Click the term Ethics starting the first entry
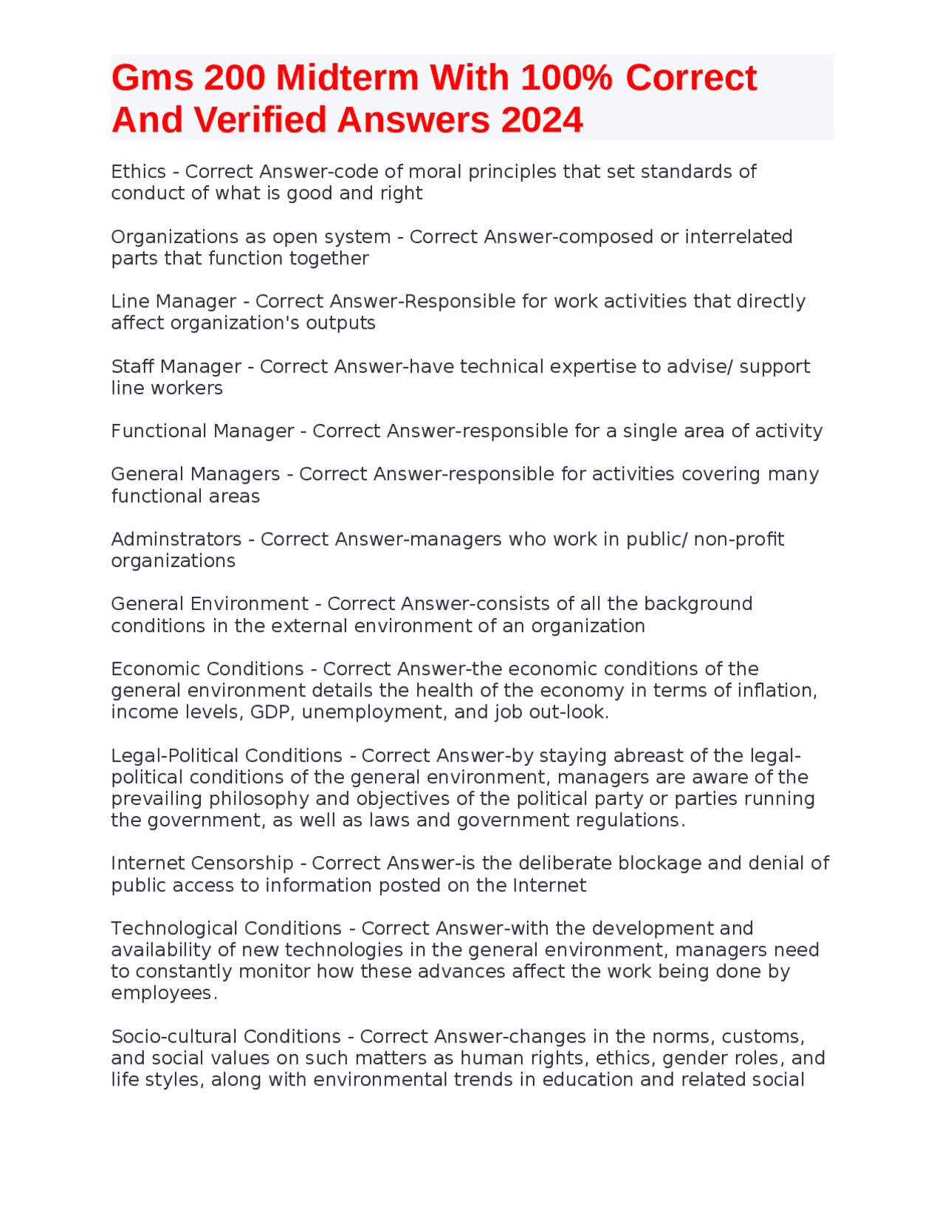pos(138,171)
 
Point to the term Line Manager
pos(173,301)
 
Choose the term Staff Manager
pos(176,366)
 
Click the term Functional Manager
pos(202,431)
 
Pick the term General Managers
pos(196,474)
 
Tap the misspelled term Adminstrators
pos(176,539)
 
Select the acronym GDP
pos(272,712)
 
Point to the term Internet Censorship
pos(202,863)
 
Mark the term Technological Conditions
pos(226,928)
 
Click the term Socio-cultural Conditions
pos(225,1036)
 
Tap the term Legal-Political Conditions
pos(226,756)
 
